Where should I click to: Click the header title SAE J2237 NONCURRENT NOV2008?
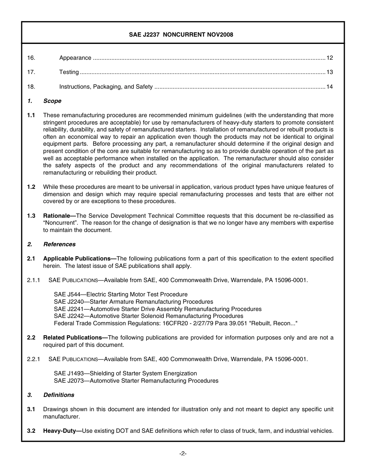pos(181,35)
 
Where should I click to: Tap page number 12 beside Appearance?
pos(329,58)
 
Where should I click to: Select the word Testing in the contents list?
pos(69,72)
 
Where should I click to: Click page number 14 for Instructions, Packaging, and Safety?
pos(329,87)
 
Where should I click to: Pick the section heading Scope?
pos(52,101)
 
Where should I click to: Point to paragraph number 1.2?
pos(31,187)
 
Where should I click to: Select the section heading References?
pos(59,244)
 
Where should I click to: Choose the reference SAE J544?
pos(66,294)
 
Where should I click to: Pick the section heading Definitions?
pos(59,395)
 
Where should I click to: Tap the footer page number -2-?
pos(183,454)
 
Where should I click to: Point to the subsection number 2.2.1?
pos(34,359)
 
